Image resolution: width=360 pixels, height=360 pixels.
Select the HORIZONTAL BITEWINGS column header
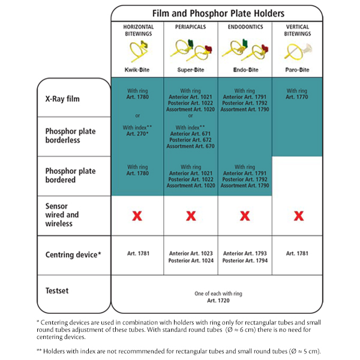click(138, 31)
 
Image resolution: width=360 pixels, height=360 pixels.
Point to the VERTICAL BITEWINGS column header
click(297, 31)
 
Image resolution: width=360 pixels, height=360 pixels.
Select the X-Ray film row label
click(63, 98)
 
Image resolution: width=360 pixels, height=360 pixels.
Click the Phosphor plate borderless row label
click(70, 136)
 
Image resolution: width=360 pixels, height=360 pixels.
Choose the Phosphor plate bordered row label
click(69, 176)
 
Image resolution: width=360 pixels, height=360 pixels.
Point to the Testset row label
click(57, 290)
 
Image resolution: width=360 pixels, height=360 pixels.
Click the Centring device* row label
click(73, 254)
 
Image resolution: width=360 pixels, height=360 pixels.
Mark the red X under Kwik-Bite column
click(137, 215)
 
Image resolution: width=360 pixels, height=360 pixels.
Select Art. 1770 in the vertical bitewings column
click(297, 97)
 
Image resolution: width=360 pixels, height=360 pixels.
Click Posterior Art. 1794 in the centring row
click(244, 261)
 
